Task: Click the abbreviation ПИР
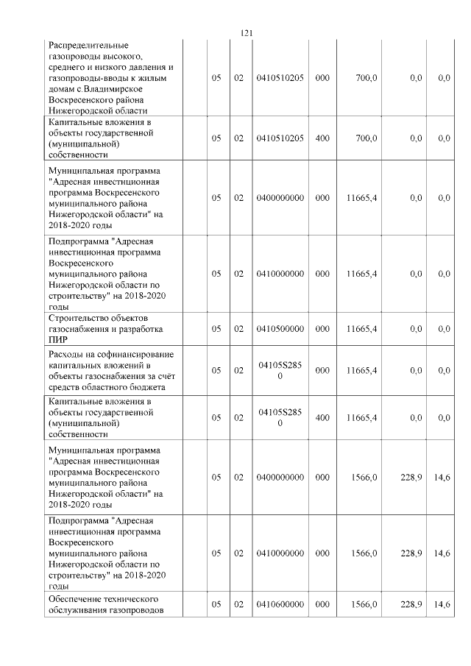(x=57, y=340)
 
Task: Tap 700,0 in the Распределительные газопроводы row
(x=366, y=77)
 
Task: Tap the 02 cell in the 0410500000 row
(x=238, y=329)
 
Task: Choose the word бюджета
(x=148, y=387)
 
